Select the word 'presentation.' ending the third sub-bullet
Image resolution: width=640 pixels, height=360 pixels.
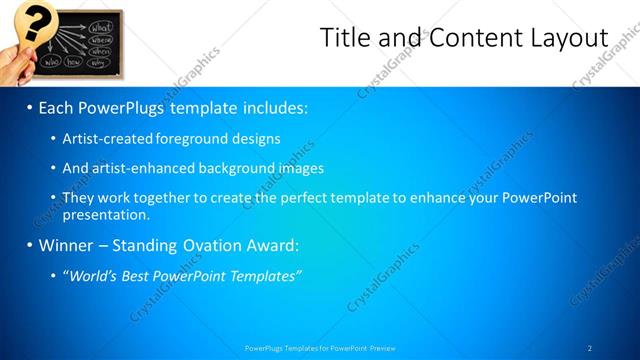(x=105, y=214)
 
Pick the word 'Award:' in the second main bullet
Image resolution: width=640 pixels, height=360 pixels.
(x=271, y=245)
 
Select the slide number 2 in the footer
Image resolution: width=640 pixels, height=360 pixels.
(x=589, y=348)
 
